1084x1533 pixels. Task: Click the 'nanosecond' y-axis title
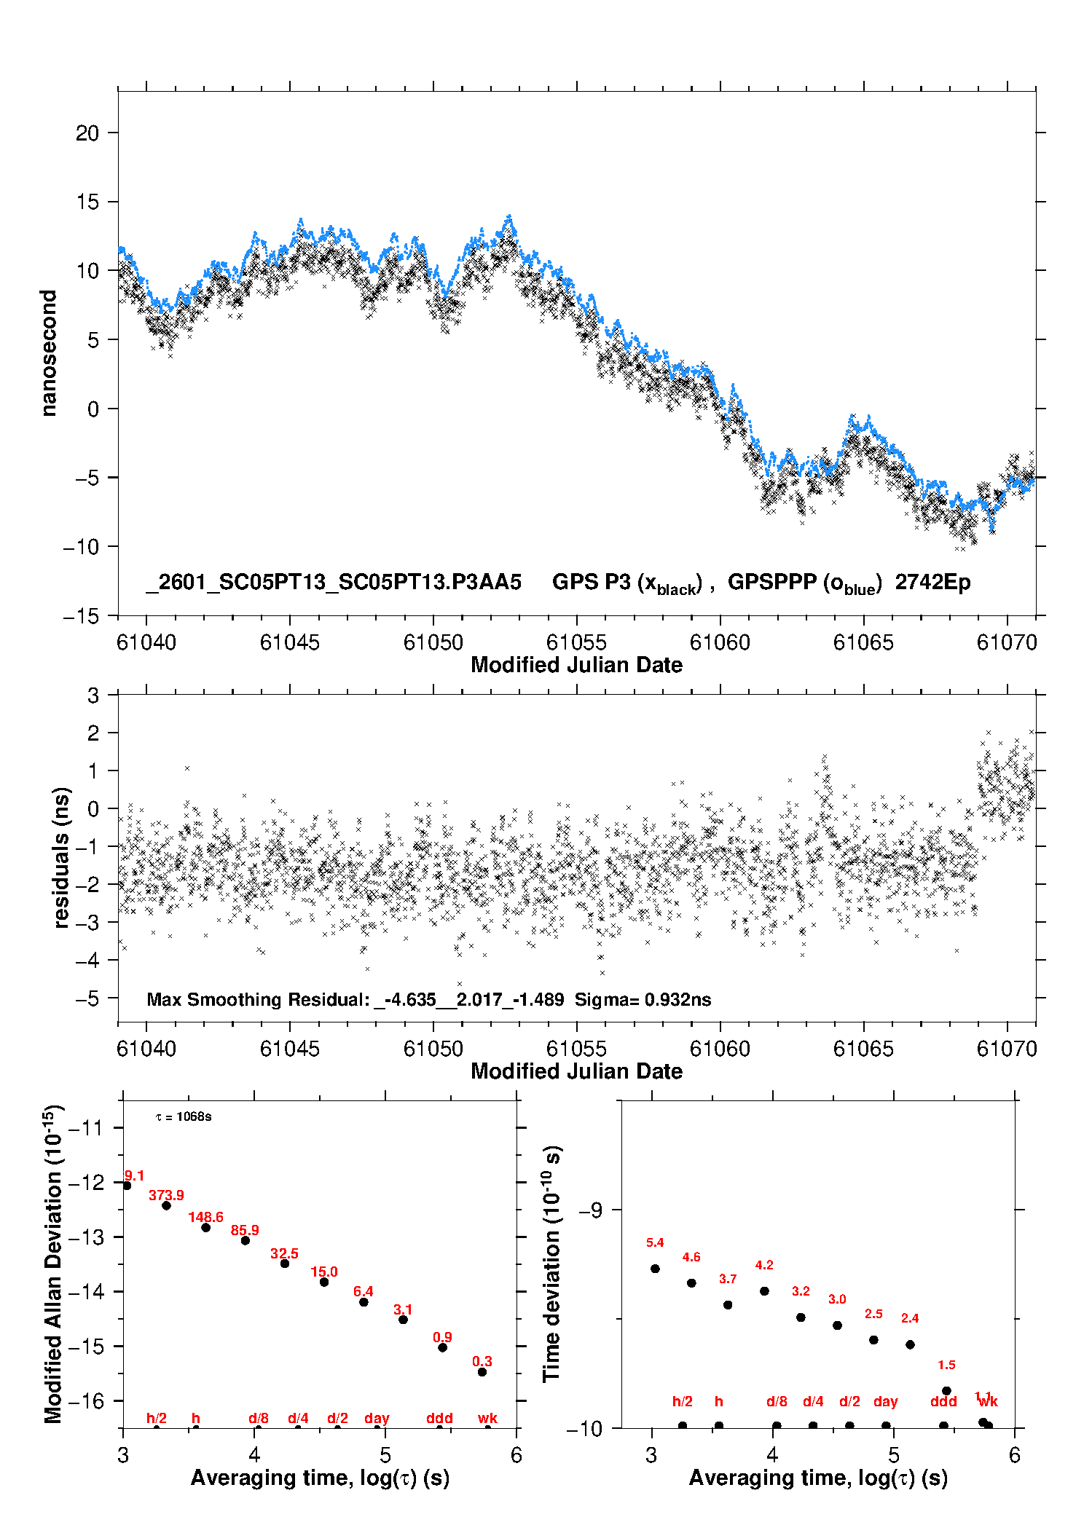coord(48,353)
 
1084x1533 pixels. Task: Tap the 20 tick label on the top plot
coord(87,133)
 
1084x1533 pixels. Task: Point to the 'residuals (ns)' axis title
coord(62,857)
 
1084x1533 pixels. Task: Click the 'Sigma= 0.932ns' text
coord(643,999)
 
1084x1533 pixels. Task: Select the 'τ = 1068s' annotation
coord(184,1116)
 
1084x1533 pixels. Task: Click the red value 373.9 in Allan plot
coord(166,1195)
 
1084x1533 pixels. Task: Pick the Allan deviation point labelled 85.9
coord(246,1240)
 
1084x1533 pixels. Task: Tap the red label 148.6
coord(205,1217)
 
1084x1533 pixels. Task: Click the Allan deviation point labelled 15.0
coord(324,1282)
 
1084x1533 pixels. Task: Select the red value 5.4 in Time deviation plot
coord(655,1242)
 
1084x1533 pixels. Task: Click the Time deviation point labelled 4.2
coord(764,1290)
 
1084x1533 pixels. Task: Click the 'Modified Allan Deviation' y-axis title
coord(53,1264)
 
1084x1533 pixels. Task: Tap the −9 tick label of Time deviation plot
coord(590,1210)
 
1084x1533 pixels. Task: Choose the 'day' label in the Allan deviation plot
coord(377,1418)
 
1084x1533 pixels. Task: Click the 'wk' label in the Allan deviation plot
coord(487,1418)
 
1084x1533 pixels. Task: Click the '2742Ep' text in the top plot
coord(932,582)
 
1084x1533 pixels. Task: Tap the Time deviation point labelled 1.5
coord(946,1391)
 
